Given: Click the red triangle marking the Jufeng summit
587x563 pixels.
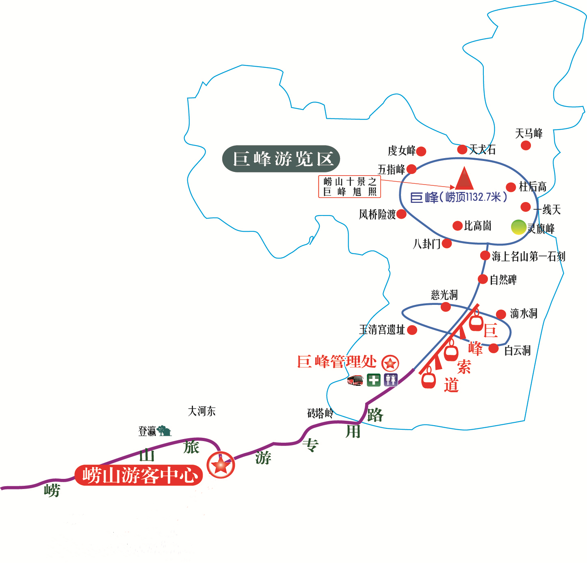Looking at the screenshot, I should (x=464, y=179).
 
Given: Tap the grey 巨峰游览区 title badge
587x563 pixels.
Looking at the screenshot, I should (x=281, y=159).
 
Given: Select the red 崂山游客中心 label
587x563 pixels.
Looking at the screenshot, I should (x=139, y=475).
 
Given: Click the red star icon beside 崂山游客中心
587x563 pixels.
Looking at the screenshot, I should (x=221, y=465).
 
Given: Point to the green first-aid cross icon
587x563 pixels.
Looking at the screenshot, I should (x=373, y=380).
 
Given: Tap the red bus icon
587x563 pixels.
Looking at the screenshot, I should (x=355, y=380).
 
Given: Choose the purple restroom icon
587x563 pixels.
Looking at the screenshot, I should (x=391, y=380).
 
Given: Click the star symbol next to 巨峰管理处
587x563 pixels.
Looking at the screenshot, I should (x=390, y=363).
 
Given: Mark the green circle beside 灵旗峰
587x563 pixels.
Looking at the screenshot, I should (x=518, y=227).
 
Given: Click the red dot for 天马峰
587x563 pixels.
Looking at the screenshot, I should (x=526, y=145).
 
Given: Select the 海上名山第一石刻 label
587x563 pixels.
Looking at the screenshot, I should (x=528, y=256).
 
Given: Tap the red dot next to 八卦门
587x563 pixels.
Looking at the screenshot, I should (x=446, y=243).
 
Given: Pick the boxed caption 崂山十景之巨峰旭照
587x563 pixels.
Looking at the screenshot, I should (x=349, y=187).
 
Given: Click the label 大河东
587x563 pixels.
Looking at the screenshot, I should (x=201, y=411).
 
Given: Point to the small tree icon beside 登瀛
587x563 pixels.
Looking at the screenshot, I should (x=165, y=430).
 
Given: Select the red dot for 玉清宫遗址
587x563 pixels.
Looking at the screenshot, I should (x=412, y=330).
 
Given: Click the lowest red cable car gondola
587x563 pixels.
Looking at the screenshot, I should (x=428, y=378).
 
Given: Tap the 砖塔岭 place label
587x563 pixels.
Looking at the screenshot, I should (x=320, y=413).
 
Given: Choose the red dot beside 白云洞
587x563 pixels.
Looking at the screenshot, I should (x=494, y=348).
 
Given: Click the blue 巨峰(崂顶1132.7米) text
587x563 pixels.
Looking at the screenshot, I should (x=459, y=197).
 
